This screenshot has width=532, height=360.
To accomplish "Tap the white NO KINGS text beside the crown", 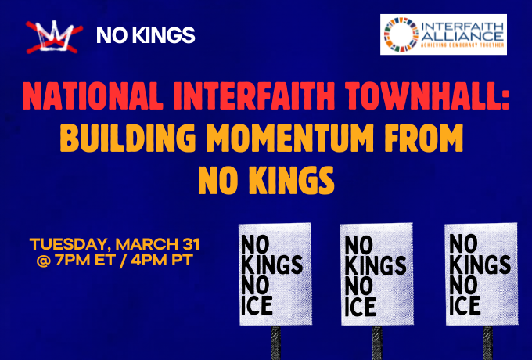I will point(145,35).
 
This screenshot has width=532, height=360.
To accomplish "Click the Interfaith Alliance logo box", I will point(443,34).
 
